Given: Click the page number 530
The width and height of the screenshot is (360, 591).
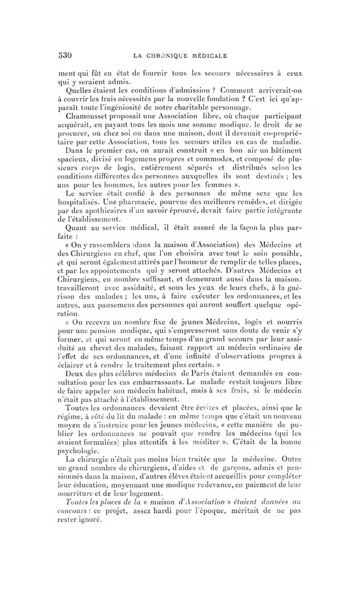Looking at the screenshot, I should coord(66,55).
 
